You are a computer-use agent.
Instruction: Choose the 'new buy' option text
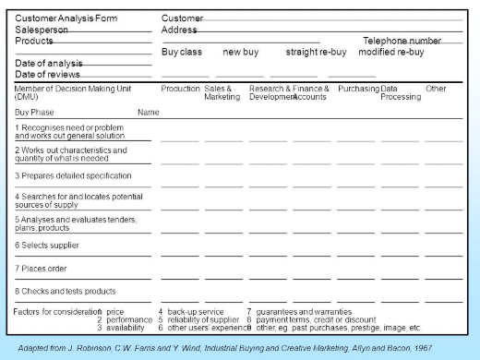tap(241, 52)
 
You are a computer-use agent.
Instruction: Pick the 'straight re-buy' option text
tap(316, 52)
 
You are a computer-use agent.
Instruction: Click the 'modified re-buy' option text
tap(391, 52)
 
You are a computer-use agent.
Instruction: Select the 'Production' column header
tap(180, 89)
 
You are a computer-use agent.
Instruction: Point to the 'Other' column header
tap(436, 89)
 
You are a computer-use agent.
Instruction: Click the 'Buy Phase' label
tap(35, 112)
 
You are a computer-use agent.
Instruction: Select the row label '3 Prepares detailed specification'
tap(74, 175)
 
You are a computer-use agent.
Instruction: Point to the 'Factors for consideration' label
tap(55, 312)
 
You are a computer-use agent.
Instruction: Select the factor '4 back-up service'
tap(191, 312)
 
